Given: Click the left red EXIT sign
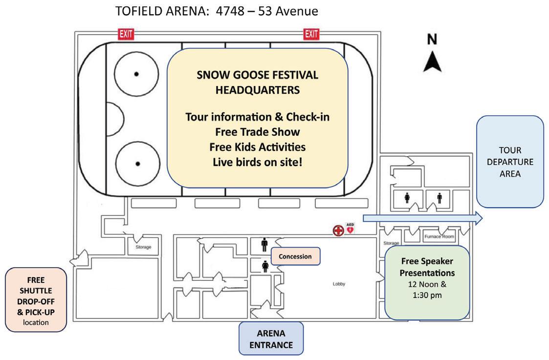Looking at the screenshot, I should point(126,34).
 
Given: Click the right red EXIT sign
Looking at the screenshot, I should point(311,34).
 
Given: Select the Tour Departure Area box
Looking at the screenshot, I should point(510,162).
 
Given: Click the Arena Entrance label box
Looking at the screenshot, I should point(271,339).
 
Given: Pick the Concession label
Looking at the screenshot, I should point(295,256).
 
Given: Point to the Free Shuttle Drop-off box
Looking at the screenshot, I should point(36,300).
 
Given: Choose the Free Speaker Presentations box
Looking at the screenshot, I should point(427,283).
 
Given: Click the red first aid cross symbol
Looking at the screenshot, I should point(338,230).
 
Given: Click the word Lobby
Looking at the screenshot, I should point(339,284).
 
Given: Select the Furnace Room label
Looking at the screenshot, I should point(439,236).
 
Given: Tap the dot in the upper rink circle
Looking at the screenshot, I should point(136,74).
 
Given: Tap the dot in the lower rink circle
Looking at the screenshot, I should point(138,164).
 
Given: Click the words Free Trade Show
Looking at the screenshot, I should point(257,132).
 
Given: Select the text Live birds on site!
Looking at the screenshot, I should point(257,162).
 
